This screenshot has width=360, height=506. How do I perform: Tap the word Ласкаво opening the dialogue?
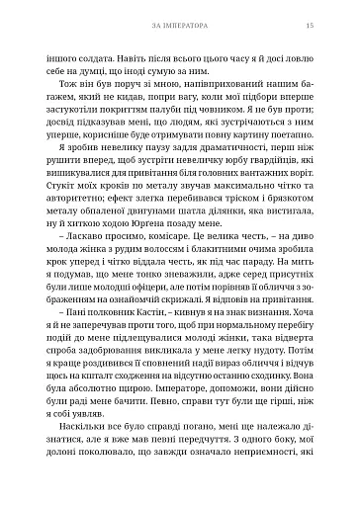pos(90,274)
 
